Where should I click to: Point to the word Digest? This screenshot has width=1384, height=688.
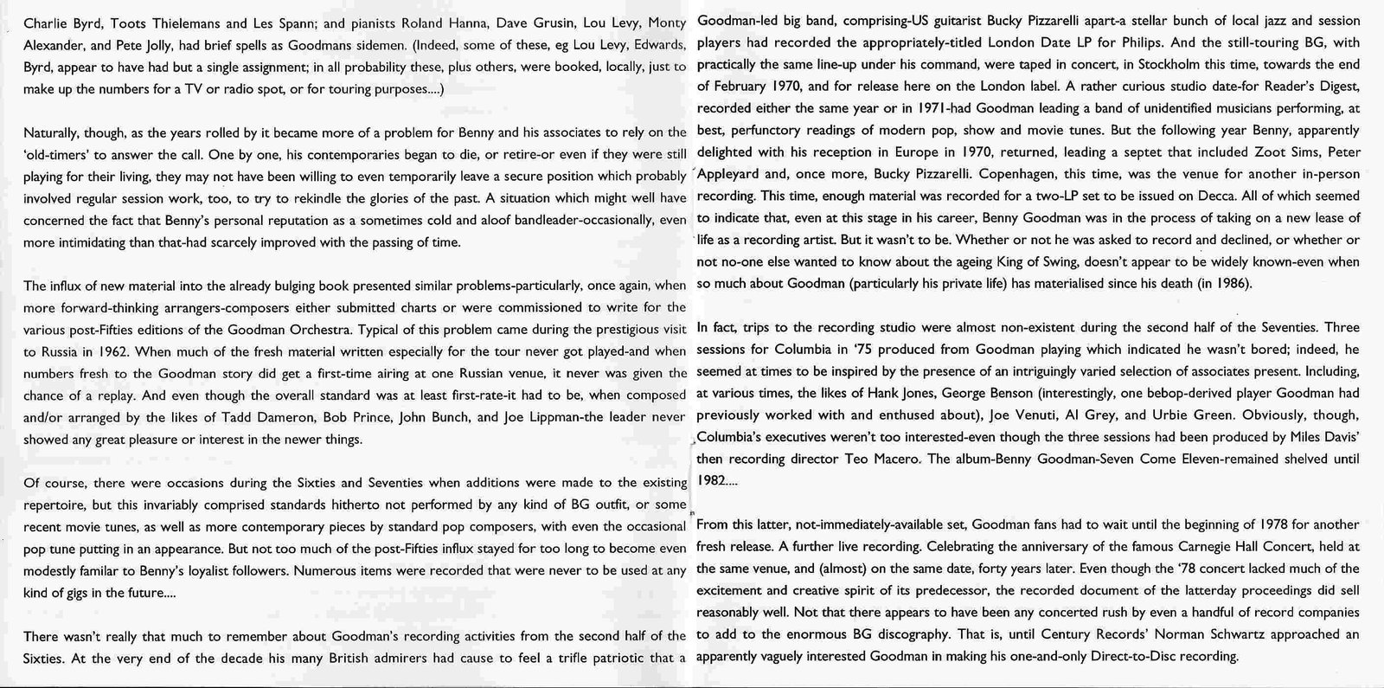pyautogui.click(x=1338, y=87)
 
